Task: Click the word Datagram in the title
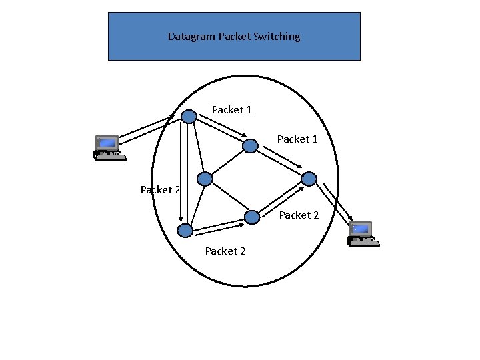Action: (x=191, y=37)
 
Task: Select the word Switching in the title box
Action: (x=277, y=37)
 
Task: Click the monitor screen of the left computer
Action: (x=107, y=143)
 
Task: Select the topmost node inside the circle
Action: (x=189, y=117)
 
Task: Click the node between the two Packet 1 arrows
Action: (x=250, y=145)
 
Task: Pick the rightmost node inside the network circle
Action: (x=309, y=179)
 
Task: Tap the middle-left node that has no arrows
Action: (x=205, y=179)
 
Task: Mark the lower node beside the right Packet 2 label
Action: (x=252, y=217)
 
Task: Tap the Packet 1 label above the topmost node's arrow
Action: (x=231, y=109)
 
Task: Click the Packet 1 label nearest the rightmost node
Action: (x=297, y=139)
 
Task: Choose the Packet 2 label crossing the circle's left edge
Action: (x=160, y=189)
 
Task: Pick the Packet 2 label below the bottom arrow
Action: (x=225, y=251)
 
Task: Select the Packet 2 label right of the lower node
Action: (x=299, y=215)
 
